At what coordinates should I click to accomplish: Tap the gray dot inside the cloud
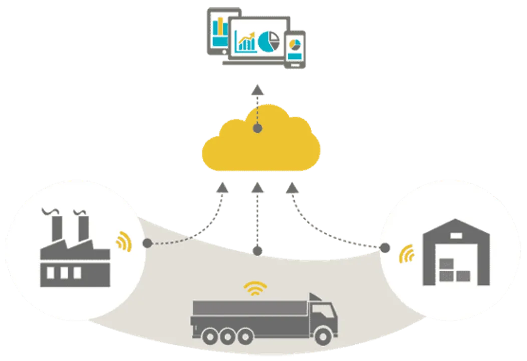pos(258,129)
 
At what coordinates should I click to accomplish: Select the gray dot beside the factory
pos(147,244)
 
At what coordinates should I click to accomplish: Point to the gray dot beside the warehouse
pos(385,248)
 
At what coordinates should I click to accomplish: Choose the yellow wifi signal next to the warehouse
pos(407,255)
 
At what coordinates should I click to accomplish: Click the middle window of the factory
pos(64,273)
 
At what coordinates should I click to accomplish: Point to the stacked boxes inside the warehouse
pos(454,269)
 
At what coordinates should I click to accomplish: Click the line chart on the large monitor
pos(246,42)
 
